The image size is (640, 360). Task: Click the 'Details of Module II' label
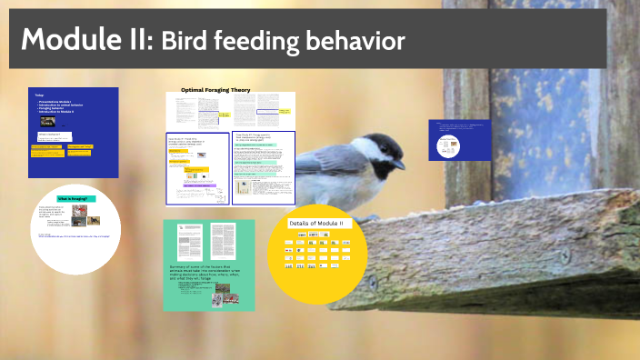pyautogui.click(x=316, y=224)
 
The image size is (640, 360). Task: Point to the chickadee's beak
pyautogui.click(x=399, y=164)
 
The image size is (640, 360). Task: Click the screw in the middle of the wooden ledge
pyautogui.click(x=565, y=257)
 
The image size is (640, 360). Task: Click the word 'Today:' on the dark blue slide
pyautogui.click(x=39, y=95)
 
